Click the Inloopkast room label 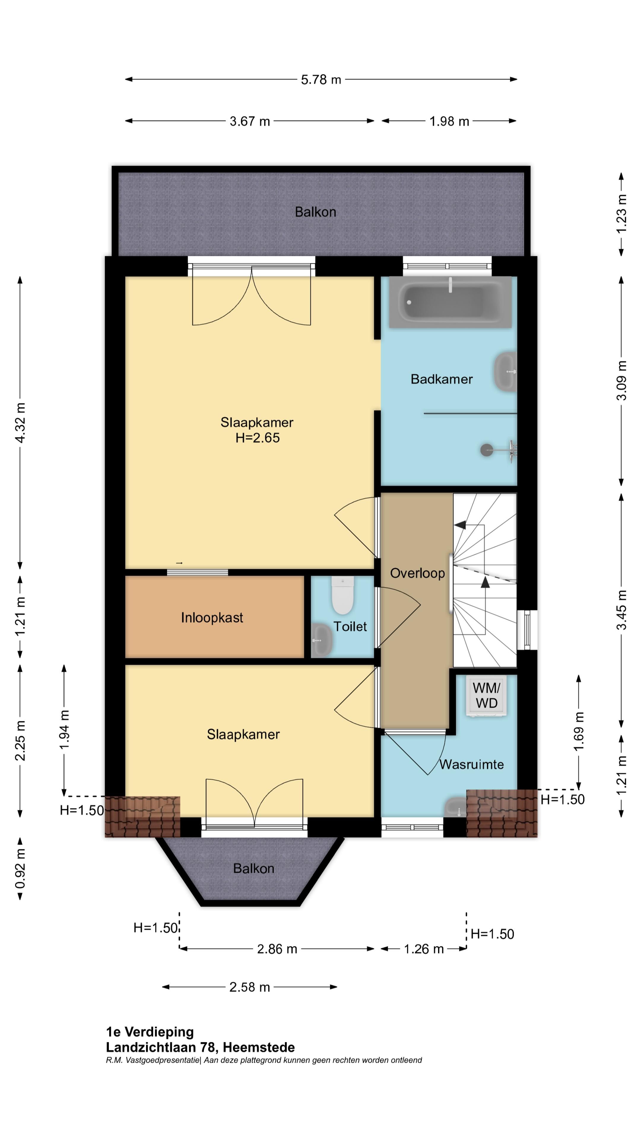point(212,617)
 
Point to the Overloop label point(417,573)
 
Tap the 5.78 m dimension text point(321,79)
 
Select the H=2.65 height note point(258,438)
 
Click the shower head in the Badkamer point(487,450)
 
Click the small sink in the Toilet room point(322,640)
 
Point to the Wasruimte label point(472,764)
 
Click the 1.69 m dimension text point(579,731)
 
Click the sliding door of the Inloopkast point(197,572)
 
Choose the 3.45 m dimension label point(621,610)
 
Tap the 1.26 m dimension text point(423,949)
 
